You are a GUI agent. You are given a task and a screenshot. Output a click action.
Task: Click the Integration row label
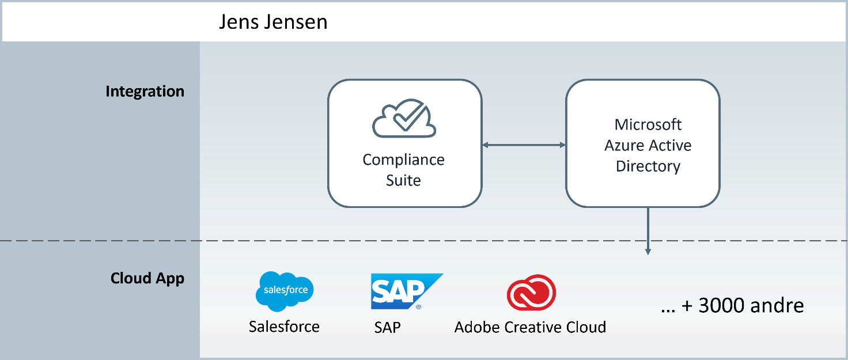145,92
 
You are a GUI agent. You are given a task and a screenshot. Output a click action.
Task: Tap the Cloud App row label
147,279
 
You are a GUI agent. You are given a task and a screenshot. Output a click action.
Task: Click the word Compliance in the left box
403,160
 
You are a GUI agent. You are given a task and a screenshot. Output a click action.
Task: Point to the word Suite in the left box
403,180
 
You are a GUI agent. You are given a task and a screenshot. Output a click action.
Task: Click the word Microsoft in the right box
648,124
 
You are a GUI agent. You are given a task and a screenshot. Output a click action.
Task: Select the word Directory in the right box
648,166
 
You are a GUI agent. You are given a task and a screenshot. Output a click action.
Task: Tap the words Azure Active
648,145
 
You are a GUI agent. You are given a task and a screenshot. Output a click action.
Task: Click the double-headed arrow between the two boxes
524,145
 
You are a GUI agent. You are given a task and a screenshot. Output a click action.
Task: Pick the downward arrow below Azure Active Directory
648,230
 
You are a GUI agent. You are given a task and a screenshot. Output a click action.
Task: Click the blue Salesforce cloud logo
285,291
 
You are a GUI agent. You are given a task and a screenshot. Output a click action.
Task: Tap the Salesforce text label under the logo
284,327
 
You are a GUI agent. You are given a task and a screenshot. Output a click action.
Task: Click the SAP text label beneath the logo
387,327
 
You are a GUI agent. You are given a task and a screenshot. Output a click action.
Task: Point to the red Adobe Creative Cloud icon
531,293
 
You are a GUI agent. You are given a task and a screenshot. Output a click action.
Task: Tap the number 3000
720,305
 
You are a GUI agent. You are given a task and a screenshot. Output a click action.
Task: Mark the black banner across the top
424,22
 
